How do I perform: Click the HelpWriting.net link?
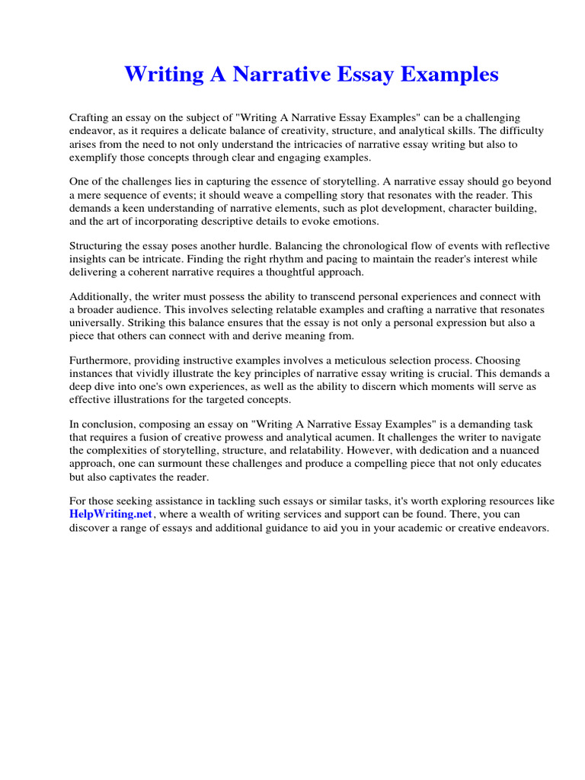(x=106, y=514)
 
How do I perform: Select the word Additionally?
(x=99, y=297)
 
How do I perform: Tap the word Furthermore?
(x=100, y=360)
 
